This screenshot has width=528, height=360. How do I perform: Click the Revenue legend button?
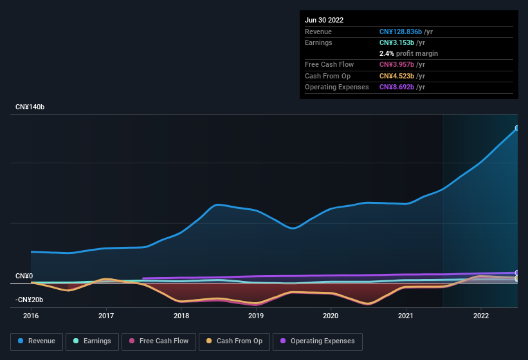coord(37,341)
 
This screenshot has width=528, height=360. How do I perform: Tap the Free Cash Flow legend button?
coord(159,341)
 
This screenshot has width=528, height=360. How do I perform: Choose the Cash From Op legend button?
coord(233,341)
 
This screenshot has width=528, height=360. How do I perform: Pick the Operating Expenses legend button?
coord(317,341)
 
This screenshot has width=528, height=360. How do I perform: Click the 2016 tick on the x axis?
coord(31,316)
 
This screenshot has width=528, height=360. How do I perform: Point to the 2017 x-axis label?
coord(106,316)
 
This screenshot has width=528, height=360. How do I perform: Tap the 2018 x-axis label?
coord(181,316)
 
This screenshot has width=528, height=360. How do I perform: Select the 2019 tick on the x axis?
coord(256,316)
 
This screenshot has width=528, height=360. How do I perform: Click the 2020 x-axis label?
coord(331,316)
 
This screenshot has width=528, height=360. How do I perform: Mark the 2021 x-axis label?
coord(406,316)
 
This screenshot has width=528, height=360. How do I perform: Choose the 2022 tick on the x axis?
coord(480,316)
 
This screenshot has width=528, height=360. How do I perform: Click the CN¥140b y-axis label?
coord(30,107)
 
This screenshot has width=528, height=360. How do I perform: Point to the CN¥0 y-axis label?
coord(24,276)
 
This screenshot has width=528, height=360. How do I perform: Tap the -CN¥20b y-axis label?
coord(29,300)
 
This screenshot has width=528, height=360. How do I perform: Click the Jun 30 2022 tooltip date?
coord(324,20)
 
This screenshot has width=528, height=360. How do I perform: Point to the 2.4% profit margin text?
coord(408,53)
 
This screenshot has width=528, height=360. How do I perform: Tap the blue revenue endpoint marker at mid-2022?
coord(517,128)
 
